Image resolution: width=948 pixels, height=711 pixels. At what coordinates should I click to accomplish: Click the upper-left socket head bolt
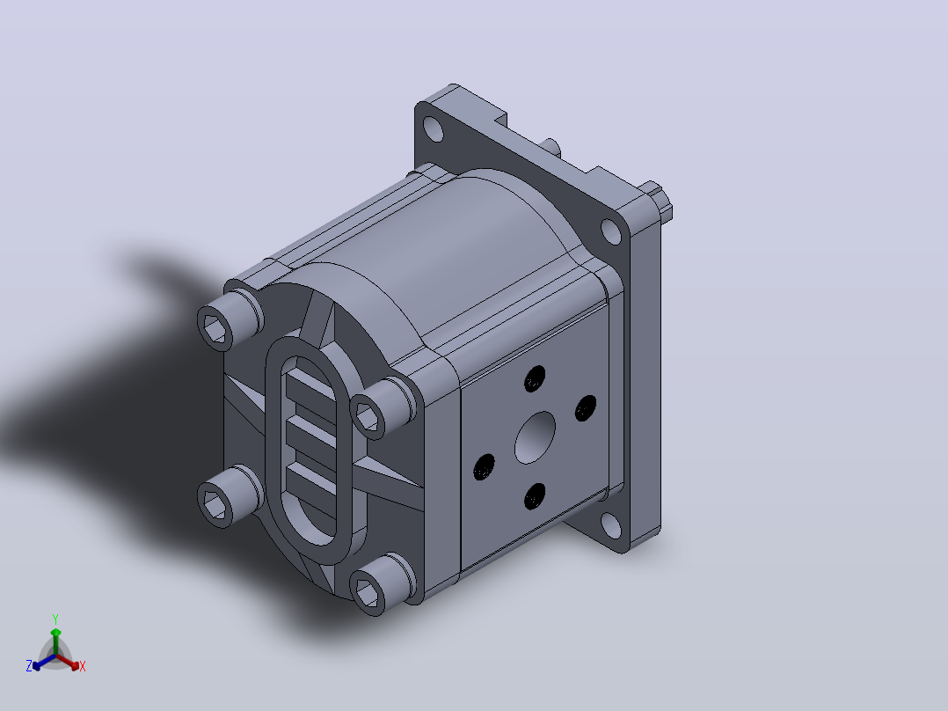(x=230, y=320)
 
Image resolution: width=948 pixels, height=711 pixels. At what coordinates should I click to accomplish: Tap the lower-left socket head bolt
(x=230, y=496)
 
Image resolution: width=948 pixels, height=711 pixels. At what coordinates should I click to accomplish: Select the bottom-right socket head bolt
(x=382, y=584)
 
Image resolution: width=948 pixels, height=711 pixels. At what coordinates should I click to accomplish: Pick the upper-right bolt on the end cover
(x=382, y=407)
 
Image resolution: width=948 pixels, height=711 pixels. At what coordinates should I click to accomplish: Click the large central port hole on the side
(x=535, y=437)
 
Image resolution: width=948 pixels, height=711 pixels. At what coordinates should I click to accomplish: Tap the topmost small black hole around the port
(x=535, y=378)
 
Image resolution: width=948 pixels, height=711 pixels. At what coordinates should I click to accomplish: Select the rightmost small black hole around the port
(x=586, y=407)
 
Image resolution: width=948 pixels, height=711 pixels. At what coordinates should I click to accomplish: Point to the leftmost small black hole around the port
(x=484, y=467)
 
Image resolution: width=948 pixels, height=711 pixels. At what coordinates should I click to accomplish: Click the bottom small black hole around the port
(x=535, y=496)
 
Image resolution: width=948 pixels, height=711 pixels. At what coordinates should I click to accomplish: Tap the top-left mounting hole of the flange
(x=433, y=128)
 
